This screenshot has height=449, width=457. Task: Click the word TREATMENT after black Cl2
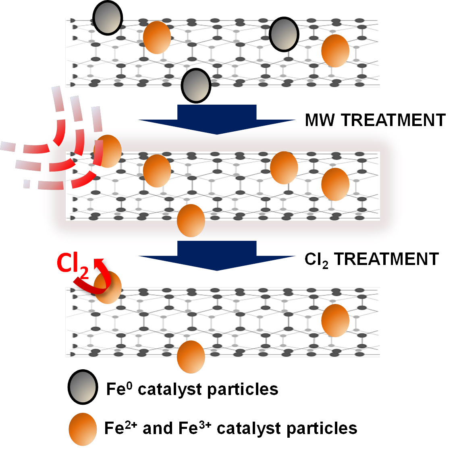tap(386, 259)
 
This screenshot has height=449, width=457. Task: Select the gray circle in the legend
tap(83, 387)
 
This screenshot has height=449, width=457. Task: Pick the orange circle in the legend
tap(83, 429)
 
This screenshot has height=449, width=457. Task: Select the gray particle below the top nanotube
tap(196, 85)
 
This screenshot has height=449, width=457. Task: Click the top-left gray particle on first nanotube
tap(108, 18)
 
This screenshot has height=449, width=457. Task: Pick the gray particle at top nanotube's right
tap(284, 34)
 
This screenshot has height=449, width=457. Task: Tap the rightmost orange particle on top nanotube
tap(335, 51)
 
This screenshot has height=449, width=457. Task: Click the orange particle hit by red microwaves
tap(108, 151)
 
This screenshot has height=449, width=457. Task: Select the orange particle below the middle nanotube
tap(191, 220)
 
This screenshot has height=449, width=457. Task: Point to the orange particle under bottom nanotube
tap(191, 357)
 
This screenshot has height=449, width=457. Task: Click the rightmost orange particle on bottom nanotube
tap(335, 321)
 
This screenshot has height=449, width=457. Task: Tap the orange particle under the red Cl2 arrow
tap(108, 288)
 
